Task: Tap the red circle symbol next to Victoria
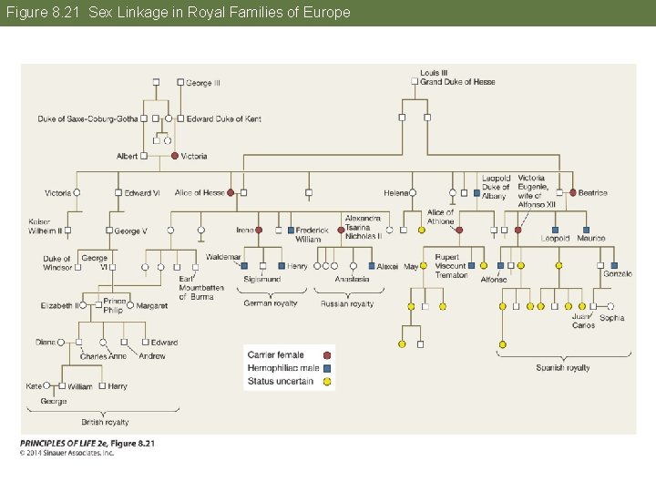(175, 156)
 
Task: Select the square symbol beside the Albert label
(144, 156)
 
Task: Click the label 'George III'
(203, 83)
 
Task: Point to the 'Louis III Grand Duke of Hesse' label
(457, 77)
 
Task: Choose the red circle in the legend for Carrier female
(327, 355)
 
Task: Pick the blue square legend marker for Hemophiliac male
(327, 368)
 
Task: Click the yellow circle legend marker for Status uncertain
(327, 381)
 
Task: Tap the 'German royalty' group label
(271, 303)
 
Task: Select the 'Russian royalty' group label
(347, 303)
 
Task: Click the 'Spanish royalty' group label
(562, 368)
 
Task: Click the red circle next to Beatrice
(572, 192)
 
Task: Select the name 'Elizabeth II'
(59, 305)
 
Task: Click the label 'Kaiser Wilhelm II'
(46, 227)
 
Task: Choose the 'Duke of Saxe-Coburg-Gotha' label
(87, 118)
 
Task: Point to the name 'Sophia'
(612, 318)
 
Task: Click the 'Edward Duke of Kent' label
(224, 118)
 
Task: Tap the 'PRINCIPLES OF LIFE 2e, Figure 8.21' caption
(87, 444)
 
